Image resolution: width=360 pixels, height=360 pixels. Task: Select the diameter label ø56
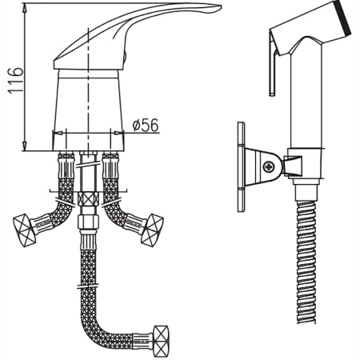[x=145, y=125]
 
